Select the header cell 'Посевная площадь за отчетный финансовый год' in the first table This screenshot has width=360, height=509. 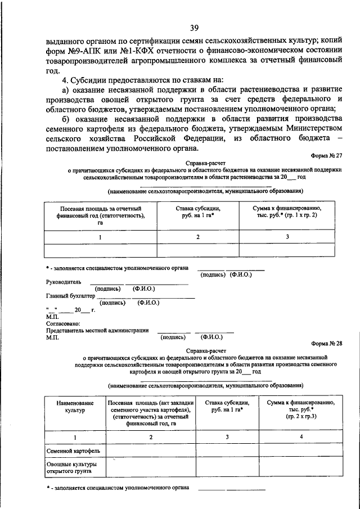click(x=101, y=215)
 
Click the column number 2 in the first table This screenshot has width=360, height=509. click(x=198, y=237)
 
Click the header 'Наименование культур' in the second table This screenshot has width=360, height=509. click(x=70, y=407)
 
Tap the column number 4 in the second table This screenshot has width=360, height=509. click(x=301, y=436)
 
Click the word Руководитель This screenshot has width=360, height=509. click(x=64, y=281)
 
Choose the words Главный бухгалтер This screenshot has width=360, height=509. click(x=70, y=295)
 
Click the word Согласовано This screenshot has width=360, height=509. click(x=64, y=323)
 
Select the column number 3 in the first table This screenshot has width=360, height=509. click(x=287, y=237)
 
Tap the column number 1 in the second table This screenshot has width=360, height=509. click(x=70, y=436)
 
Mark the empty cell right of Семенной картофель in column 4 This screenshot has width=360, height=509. click(x=301, y=451)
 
